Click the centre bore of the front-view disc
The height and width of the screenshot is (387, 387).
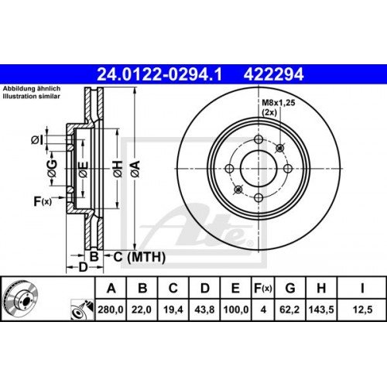tap(258, 169)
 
